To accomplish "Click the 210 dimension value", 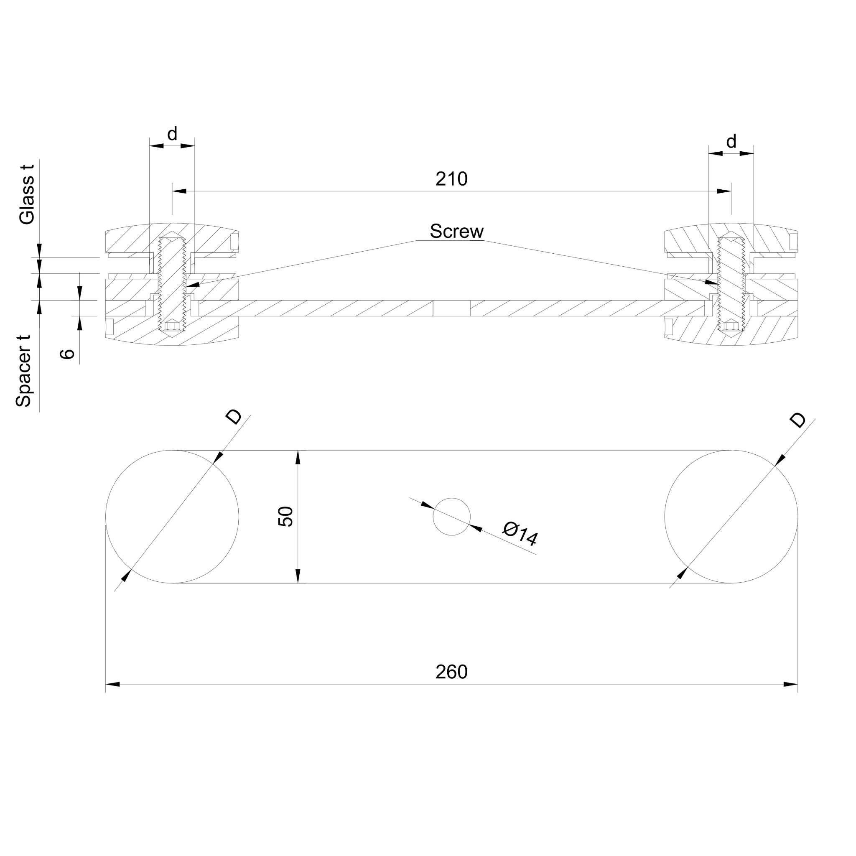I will coord(451,179).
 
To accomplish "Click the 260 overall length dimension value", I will coord(451,672).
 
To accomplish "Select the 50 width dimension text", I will coord(286,516).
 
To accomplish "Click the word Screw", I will coord(456,231).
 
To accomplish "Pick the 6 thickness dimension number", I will coord(67,353).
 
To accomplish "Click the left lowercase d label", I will coord(172,133).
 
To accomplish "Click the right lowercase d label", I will coord(731,142).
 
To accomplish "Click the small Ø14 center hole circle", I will coord(451,517).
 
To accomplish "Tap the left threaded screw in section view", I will coord(172,283).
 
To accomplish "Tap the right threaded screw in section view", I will coord(731,283).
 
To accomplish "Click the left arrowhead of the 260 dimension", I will coord(112,684).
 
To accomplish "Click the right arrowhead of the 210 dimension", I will coord(724,191).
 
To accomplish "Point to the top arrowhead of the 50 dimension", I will coord(298,458).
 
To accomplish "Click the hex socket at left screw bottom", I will coord(172,326).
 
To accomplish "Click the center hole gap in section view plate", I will coord(451,308).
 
